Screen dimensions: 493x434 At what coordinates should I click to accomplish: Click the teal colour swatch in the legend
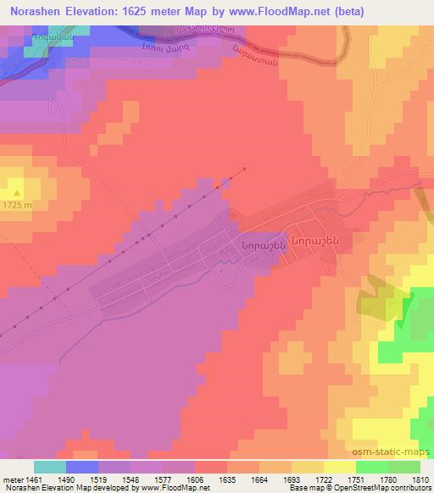(50, 467)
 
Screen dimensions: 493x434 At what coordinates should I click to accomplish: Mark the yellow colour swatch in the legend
(339, 467)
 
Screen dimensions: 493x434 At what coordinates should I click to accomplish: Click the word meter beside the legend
(12, 479)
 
